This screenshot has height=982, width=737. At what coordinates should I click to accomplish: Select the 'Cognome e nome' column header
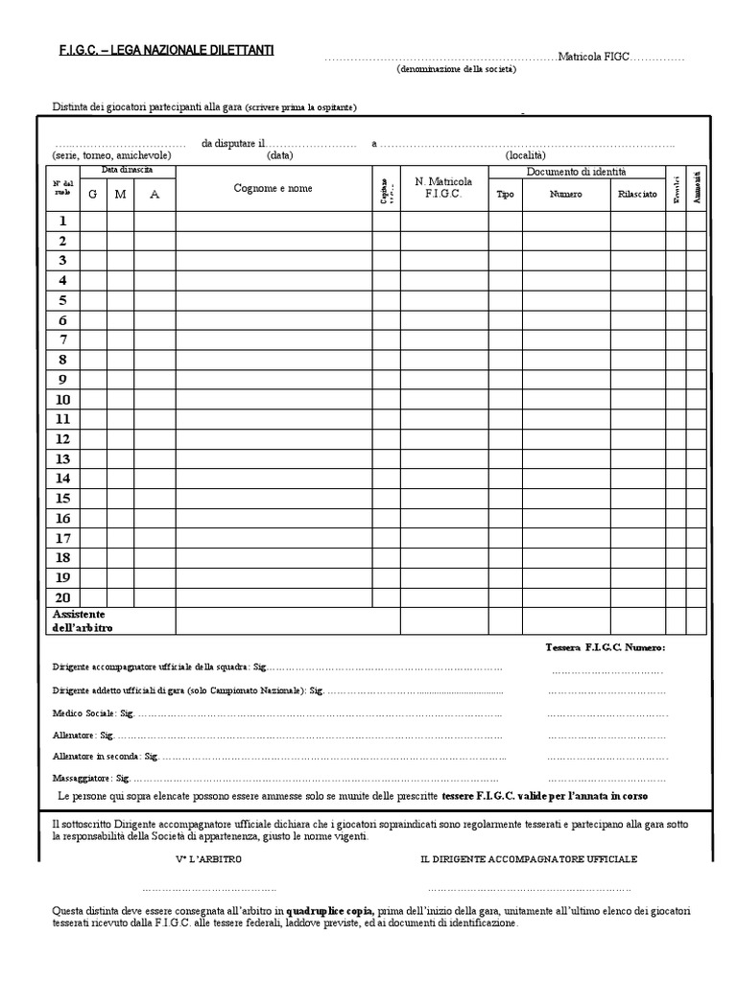(x=273, y=189)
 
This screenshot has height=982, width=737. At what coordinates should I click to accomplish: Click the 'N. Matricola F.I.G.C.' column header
(x=443, y=187)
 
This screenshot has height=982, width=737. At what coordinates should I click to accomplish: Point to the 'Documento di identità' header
(x=576, y=172)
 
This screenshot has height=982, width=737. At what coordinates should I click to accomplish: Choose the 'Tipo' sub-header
(x=505, y=195)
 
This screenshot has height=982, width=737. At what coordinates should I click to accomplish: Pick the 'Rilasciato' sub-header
(x=637, y=195)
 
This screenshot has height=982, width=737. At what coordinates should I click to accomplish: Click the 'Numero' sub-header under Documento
(x=565, y=195)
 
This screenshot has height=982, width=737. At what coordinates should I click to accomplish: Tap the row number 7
(x=62, y=339)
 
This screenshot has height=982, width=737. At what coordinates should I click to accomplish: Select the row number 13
(x=62, y=458)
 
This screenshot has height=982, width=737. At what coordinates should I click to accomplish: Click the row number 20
(x=62, y=596)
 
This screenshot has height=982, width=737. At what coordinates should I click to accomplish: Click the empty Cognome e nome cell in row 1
(x=273, y=221)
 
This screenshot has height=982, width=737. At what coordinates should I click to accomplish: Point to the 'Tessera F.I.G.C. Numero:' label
(x=605, y=648)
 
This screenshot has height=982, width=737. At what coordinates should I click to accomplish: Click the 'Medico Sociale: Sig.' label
(x=83, y=713)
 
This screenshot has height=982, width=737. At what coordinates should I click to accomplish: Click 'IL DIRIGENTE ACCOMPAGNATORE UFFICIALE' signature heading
(x=528, y=859)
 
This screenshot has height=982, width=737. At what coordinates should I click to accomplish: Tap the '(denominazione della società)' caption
(x=458, y=70)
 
